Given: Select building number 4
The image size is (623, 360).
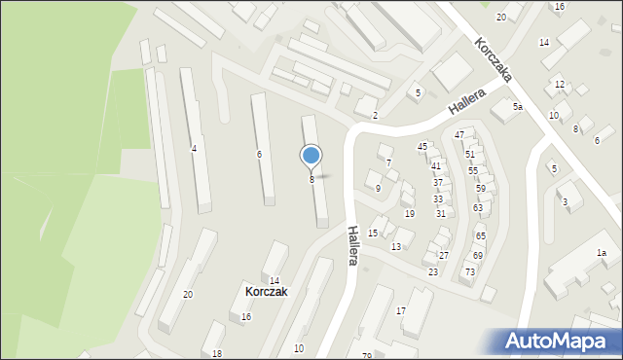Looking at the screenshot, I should pos(194,148).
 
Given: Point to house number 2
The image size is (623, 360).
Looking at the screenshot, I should pos(375,116).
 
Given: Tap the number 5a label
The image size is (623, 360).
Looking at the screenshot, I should pos(519,107).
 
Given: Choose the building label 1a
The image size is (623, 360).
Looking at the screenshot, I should pos(602,253).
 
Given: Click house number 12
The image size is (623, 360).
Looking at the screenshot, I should pos(559,85).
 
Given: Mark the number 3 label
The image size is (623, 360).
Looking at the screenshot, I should pos(565,201).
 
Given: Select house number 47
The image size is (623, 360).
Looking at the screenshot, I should pos(458,134).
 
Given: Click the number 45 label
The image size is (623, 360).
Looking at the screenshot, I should pos(422,146).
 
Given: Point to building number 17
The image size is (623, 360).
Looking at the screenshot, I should pos(400,310).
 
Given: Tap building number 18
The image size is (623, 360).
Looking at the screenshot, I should pos(217,353).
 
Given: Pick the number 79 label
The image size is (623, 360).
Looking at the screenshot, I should pos(367,355).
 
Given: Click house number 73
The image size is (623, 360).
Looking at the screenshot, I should pos(469,271).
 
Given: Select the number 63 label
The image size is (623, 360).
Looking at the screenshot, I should pos(477,207).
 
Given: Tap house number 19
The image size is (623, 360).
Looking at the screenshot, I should pos(409,213).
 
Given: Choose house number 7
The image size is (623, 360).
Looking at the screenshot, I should pos(388,162).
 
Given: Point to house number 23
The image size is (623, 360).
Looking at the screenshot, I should pos(432,271).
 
